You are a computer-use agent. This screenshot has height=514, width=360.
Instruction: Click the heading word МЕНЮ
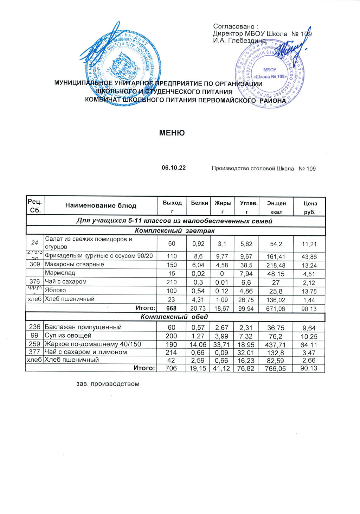[x=172, y=133]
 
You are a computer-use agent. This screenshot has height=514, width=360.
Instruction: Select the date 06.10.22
[x=174, y=168]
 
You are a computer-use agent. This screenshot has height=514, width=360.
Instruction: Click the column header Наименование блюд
[x=101, y=206]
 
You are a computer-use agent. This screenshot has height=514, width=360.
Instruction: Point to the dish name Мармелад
[x=60, y=273]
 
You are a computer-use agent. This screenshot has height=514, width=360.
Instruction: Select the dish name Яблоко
[x=55, y=290]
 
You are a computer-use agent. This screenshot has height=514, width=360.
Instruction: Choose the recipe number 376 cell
[x=35, y=282]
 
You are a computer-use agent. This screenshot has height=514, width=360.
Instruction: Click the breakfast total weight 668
[x=171, y=309]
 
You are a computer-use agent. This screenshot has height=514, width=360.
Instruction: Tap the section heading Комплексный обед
[x=174, y=317]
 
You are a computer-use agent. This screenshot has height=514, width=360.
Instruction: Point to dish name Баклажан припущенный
[x=83, y=327]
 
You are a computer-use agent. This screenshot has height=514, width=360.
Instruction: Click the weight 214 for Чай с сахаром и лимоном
[x=171, y=353]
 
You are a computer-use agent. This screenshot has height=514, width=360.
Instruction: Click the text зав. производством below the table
[x=108, y=384]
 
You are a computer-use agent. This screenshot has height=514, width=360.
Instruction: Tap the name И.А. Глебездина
[x=239, y=41]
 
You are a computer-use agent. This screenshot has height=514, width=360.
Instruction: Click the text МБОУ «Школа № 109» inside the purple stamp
[x=270, y=74]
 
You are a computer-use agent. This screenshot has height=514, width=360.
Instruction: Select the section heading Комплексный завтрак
[x=175, y=231]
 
